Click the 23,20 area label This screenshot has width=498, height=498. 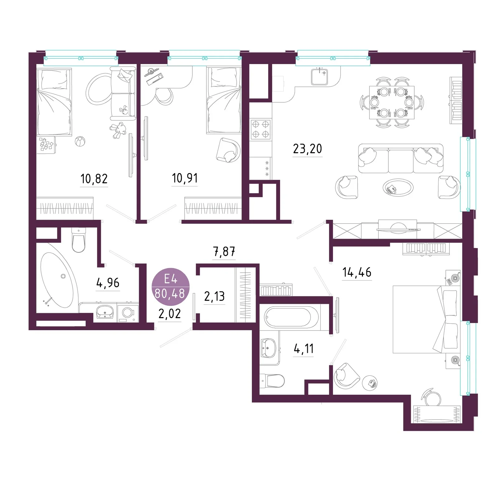(308, 149)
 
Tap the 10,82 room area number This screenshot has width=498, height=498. (94, 179)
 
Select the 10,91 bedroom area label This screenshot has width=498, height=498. (185, 178)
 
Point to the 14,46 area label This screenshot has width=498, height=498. (357, 272)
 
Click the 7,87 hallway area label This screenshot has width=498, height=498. (224, 251)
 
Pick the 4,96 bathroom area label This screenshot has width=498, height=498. (108, 283)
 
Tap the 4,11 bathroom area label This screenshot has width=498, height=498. (304, 349)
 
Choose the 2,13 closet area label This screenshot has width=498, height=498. (214, 296)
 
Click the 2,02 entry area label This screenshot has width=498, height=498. (170, 313)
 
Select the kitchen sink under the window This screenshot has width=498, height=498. (319, 77)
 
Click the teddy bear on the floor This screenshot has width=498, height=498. (118, 130)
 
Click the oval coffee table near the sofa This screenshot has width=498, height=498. (398, 188)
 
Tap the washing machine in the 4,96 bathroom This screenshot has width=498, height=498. (128, 312)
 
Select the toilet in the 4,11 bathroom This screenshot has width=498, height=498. (273, 381)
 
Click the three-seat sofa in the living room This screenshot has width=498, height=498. (401, 158)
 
